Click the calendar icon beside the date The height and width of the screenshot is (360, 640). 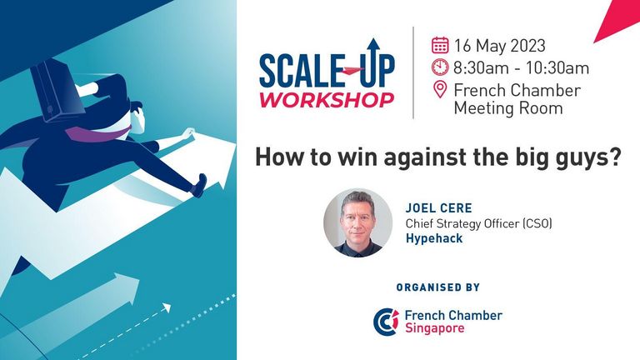click(x=440, y=45)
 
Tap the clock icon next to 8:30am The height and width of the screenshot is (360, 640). click(x=440, y=67)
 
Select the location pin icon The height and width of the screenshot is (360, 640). click(x=440, y=89)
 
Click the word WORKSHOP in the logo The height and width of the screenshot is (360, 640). click(x=327, y=100)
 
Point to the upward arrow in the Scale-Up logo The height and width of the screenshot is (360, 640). click(x=373, y=61)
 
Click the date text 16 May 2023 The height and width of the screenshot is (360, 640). click(x=500, y=46)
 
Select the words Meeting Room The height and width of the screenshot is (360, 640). click(x=508, y=108)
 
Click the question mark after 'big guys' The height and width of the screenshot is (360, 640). click(x=615, y=157)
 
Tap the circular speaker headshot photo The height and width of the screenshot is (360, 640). click(x=358, y=222)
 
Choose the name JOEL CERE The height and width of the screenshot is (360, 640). click(x=439, y=208)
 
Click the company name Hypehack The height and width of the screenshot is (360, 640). click(x=434, y=238)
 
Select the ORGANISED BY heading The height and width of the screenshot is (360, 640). click(x=438, y=287)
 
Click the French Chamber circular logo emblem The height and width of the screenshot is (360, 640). click(x=386, y=322)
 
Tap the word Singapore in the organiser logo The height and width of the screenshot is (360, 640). click(x=434, y=328)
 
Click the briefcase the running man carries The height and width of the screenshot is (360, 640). click(x=57, y=91)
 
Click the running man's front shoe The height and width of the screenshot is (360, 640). click(x=199, y=186)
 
